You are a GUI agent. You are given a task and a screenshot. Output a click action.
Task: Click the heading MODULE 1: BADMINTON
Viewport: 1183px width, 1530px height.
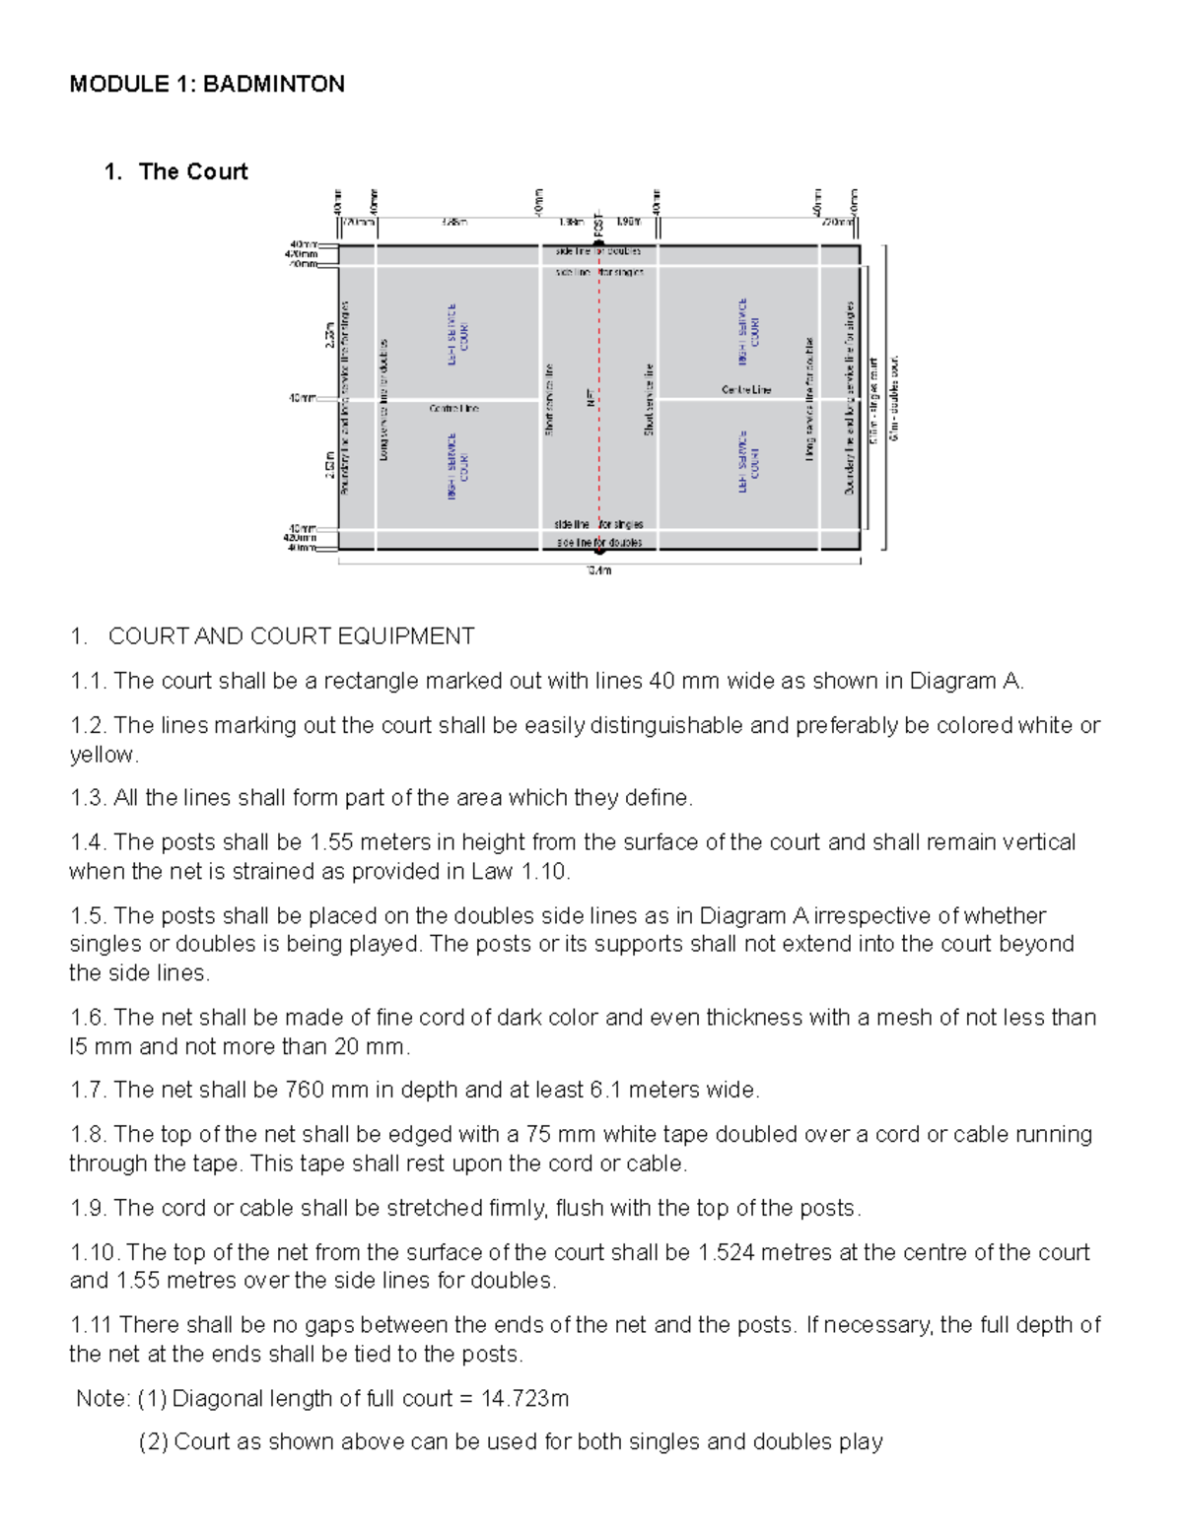207,84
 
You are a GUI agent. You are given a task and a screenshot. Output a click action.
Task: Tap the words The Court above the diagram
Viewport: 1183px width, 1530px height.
193,171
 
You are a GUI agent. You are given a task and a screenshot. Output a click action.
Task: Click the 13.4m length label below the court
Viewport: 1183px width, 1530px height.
599,570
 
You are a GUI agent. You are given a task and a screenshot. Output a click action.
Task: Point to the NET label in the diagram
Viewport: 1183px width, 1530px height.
590,398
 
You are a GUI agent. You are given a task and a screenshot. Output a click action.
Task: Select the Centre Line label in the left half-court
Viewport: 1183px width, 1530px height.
453,408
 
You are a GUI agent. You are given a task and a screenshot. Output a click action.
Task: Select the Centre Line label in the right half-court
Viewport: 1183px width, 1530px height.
746,390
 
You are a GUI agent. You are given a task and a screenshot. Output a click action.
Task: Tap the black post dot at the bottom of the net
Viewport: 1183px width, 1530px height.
598,550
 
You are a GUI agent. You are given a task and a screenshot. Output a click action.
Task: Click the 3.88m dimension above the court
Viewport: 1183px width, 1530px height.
454,223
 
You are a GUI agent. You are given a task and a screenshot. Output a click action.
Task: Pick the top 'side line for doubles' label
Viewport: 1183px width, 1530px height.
598,252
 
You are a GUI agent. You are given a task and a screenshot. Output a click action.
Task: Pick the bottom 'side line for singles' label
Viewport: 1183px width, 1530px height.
598,524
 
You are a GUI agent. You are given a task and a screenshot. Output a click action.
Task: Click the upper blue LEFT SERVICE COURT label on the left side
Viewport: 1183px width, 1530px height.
457,335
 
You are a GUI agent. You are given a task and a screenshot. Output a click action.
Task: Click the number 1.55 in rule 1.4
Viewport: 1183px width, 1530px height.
331,842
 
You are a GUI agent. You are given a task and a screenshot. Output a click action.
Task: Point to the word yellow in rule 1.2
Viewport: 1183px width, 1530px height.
102,755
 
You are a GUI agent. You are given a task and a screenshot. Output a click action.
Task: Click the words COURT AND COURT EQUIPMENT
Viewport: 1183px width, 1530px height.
291,636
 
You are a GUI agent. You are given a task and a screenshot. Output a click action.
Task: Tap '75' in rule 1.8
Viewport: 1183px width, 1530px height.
539,1134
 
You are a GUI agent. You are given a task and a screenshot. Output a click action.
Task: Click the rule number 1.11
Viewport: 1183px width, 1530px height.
91,1325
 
